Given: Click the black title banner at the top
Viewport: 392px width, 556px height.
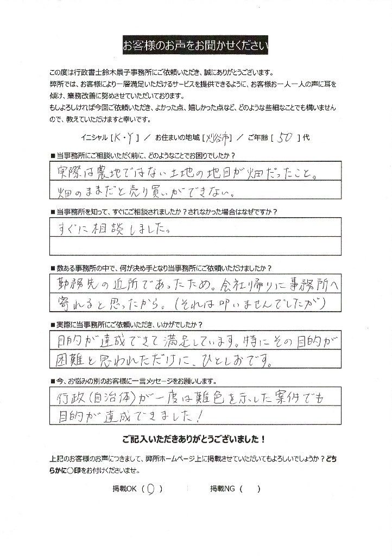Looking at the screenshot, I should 195,46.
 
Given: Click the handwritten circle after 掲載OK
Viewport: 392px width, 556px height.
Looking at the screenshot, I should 151,488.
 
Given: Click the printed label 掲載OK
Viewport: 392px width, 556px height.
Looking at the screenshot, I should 124,488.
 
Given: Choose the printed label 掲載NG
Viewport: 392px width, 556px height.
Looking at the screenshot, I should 223,488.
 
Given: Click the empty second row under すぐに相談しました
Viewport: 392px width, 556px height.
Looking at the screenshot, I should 195,247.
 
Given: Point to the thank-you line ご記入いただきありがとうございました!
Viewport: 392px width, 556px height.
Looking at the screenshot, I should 194,438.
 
